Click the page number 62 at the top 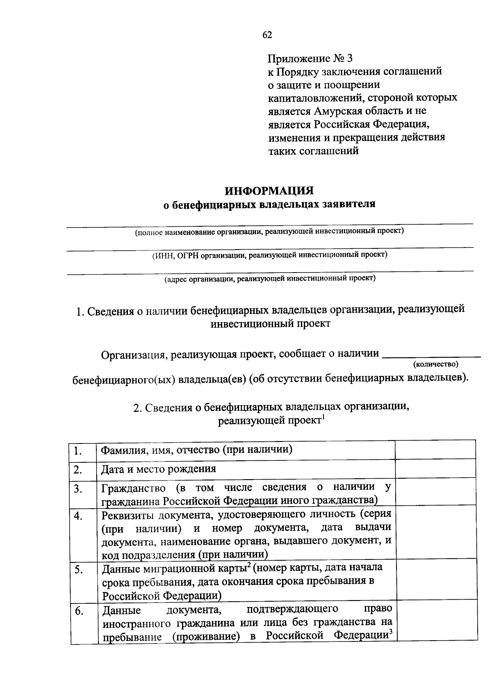click(267, 35)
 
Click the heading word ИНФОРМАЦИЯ click(269, 191)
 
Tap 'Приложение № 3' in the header click(310, 58)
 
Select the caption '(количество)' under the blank click(435, 364)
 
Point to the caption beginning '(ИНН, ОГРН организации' click(269, 255)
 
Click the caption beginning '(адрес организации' click(269, 279)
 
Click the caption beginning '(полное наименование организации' click(269, 231)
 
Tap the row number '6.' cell click(79, 611)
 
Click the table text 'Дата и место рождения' click(159, 469)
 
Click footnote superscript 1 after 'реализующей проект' click(323, 418)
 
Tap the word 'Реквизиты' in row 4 click(128, 514)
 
